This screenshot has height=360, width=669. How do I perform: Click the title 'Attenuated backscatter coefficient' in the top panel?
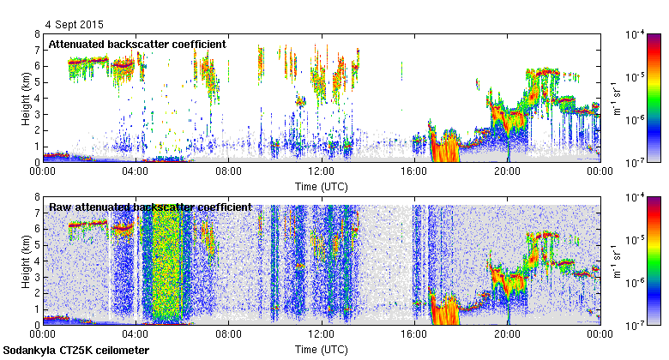[x=137, y=44]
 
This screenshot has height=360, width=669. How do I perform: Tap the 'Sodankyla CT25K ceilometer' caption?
[x=76, y=351]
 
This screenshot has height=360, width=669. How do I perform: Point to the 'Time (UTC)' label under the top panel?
[x=322, y=184]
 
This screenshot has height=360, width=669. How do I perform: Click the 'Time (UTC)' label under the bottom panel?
[x=322, y=350]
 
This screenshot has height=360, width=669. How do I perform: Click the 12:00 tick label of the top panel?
[x=322, y=171]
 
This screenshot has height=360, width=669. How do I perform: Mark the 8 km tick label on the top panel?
[x=37, y=35]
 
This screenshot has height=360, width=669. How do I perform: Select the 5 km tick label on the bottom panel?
[x=37, y=246]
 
